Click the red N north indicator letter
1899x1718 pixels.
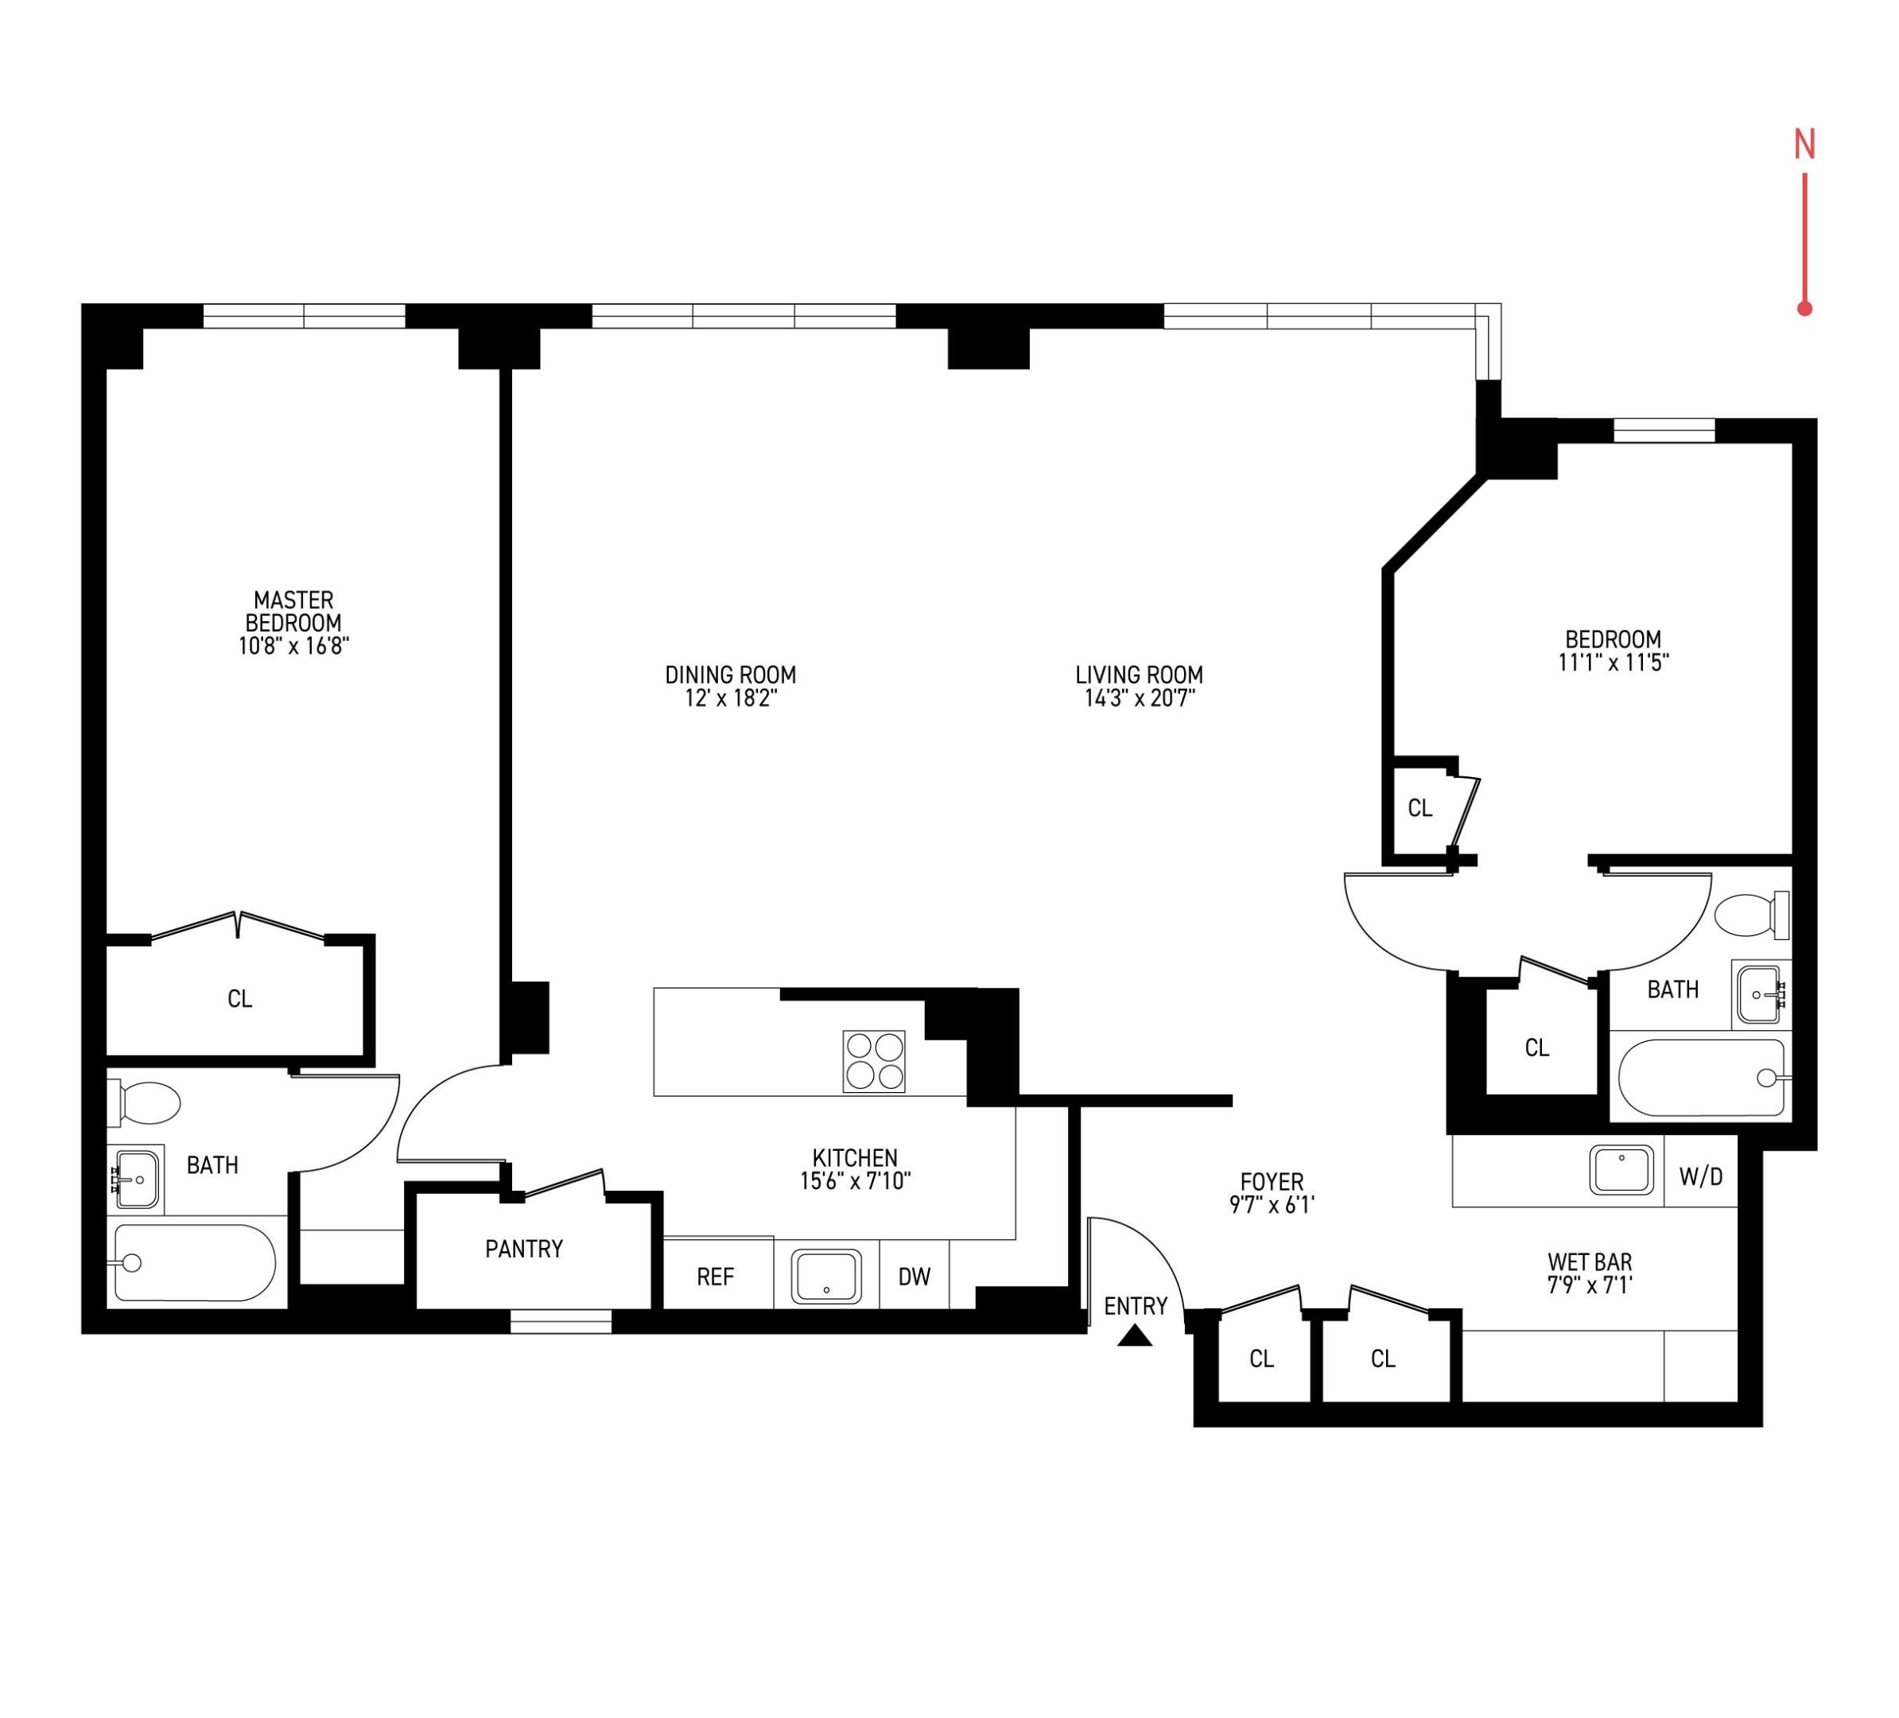[1804, 144]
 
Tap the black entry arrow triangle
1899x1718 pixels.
[1135, 1335]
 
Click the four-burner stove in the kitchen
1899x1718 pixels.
[873, 1060]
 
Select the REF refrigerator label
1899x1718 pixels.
[715, 1277]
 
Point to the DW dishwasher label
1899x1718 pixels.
[914, 1277]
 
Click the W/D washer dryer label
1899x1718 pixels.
[1700, 1176]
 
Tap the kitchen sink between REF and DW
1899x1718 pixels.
[826, 1277]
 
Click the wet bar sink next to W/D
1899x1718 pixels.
[1621, 1170]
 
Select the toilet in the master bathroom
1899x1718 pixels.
[147, 1103]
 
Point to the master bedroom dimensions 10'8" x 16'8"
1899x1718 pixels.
[294, 646]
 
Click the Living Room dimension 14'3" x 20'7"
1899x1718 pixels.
[1139, 698]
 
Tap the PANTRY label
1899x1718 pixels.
[524, 1249]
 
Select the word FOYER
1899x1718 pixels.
[1272, 1181]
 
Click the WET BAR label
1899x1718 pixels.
[1589, 1261]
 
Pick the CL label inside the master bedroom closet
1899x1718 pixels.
[239, 998]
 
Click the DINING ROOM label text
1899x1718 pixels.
[730, 674]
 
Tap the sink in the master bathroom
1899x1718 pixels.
[138, 1178]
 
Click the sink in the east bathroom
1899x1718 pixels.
[1757, 995]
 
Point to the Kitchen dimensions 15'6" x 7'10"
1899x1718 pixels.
[856, 1181]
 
